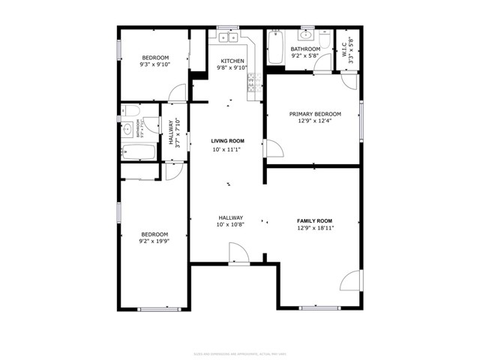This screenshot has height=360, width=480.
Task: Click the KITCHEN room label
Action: pyautogui.click(x=231, y=61)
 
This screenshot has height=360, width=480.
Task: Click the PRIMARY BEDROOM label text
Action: pyautogui.click(x=315, y=114)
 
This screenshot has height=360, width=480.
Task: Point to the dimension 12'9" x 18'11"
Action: pyautogui.click(x=315, y=228)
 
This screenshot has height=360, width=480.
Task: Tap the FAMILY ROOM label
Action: pyautogui.click(x=315, y=220)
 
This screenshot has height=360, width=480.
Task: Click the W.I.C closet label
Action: pyautogui.click(x=345, y=49)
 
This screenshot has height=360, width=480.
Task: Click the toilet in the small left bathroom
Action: pyautogui.click(x=130, y=112)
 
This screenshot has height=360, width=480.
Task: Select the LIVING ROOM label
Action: pyautogui.click(x=227, y=141)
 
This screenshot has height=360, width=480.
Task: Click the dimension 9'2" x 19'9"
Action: pyautogui.click(x=154, y=241)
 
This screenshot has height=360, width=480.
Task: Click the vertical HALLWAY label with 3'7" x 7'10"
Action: pyautogui.click(x=174, y=133)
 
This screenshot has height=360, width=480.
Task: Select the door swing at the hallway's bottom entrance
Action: pyautogui.click(x=238, y=257)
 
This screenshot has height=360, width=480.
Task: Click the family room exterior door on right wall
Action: pyautogui.click(x=351, y=281)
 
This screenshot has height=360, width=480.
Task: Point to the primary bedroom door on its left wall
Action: pyautogui.click(x=272, y=148)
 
